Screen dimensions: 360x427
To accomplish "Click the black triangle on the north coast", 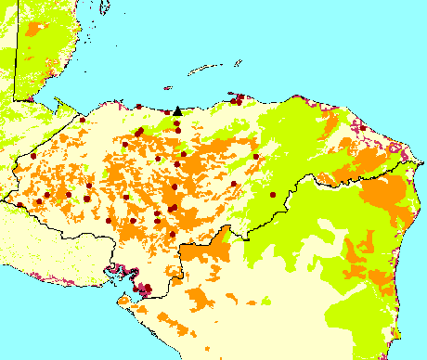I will pyautogui.click(x=177, y=110).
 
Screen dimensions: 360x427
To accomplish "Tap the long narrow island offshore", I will pyautogui.click(x=205, y=68).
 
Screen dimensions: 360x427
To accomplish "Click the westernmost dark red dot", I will pyautogui.click(x=19, y=204).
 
